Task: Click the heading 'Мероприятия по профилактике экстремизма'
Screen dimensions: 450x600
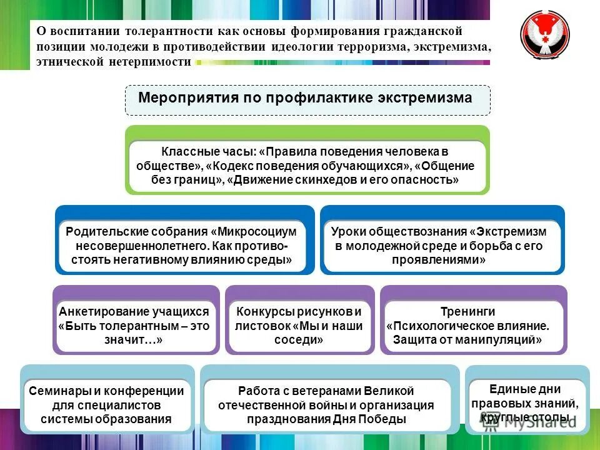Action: pyautogui.click(x=305, y=99)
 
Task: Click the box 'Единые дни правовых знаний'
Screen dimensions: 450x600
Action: pyautogui.click(x=528, y=403)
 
